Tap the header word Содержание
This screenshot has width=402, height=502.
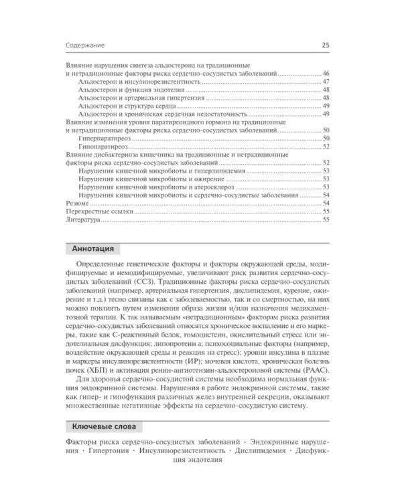tap(85, 46)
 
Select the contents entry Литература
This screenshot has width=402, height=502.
tap(82, 219)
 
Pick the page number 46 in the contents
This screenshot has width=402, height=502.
tap(325, 73)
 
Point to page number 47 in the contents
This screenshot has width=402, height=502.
tap(325, 81)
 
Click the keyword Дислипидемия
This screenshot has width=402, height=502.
tap(255, 452)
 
